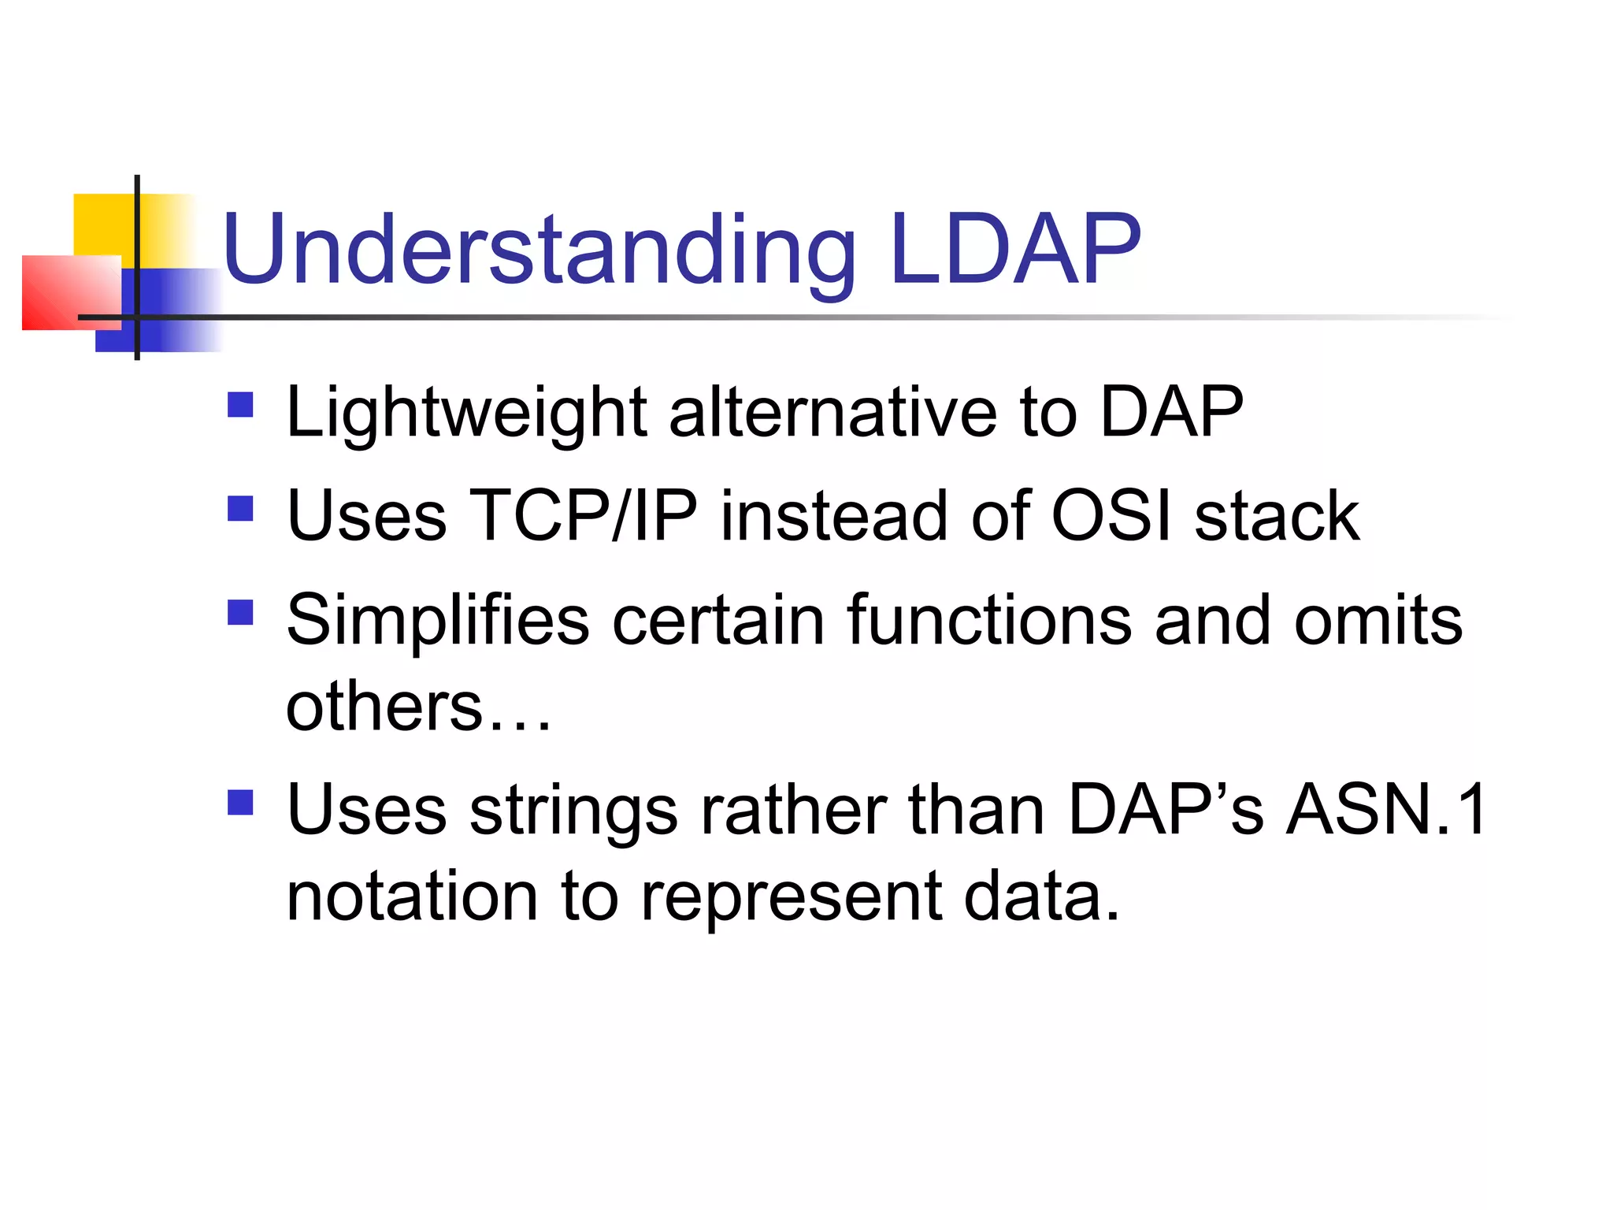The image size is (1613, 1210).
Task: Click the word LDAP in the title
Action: coord(1014,251)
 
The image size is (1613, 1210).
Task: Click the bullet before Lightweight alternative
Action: coord(240,405)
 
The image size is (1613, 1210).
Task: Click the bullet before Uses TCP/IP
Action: coord(240,509)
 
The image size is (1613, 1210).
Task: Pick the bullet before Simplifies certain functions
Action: coord(240,612)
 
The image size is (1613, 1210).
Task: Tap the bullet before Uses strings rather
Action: coord(240,803)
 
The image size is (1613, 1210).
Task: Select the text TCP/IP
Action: coord(583,516)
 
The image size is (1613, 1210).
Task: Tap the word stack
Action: coord(1277,516)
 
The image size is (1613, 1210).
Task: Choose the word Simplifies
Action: coord(438,621)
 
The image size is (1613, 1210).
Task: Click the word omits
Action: coord(1378,621)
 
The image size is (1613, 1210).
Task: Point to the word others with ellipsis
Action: coord(417,706)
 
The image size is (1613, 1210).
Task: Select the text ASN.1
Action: coord(1385,810)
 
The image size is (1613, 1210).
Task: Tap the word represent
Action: coord(791,898)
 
